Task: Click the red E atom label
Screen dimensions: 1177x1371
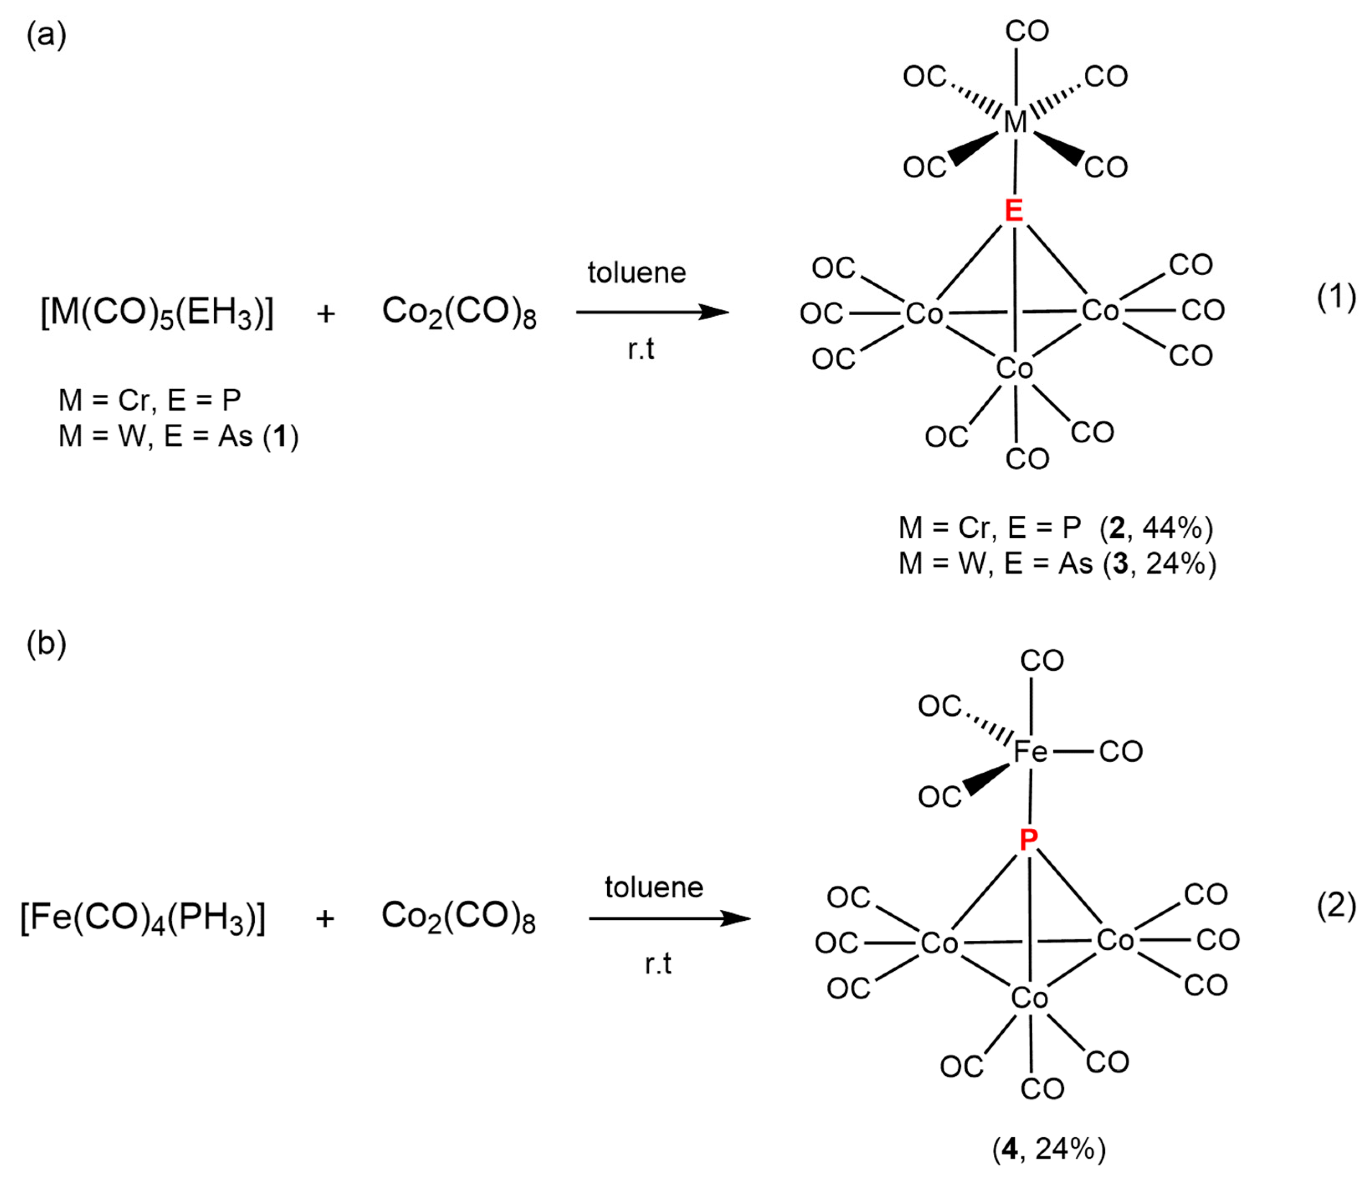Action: coord(1014,210)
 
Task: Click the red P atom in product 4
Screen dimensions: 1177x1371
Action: coord(1028,840)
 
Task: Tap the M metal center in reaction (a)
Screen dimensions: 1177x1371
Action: coord(1015,122)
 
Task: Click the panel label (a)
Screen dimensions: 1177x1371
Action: coord(46,34)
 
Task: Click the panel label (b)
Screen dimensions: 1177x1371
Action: coord(46,643)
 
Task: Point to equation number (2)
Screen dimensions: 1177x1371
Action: coord(1336,906)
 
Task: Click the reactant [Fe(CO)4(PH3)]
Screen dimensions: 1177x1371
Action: coord(143,918)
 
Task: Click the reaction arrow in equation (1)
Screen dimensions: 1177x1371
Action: coord(652,312)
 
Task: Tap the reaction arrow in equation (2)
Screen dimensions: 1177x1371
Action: coord(668,918)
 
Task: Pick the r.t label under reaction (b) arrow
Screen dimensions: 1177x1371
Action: coord(658,964)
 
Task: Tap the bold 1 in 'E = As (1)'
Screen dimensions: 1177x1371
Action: coord(281,437)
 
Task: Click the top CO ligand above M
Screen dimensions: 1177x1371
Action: coord(1027,31)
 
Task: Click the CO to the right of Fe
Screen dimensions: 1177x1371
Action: coord(1121,752)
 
